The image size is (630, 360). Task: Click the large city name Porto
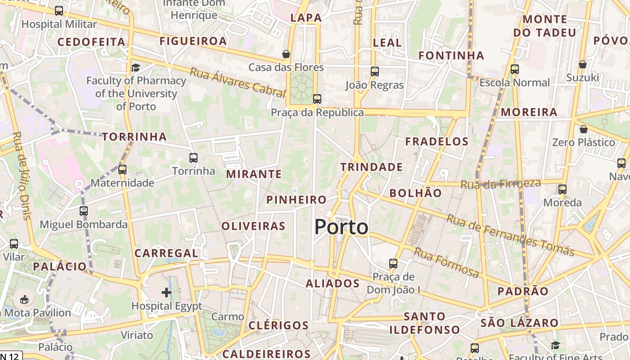(341, 227)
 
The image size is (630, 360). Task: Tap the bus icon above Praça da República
(317, 99)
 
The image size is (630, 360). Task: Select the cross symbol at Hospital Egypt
(166, 292)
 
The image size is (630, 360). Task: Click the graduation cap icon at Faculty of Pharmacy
(135, 68)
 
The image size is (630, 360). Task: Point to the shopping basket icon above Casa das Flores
(286, 54)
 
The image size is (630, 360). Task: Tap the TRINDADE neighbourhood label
(371, 167)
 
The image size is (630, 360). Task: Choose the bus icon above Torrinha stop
(193, 157)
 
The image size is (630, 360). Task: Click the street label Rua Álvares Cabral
(238, 82)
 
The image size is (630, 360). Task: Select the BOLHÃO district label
(415, 193)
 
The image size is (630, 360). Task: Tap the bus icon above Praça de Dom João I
(393, 263)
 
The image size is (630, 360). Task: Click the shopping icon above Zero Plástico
(584, 129)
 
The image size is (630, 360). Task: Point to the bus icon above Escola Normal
(515, 69)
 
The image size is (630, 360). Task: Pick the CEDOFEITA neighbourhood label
(91, 42)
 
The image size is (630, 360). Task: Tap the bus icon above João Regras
(375, 71)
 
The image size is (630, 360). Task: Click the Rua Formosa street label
(446, 262)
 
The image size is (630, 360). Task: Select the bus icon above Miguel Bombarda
(84, 211)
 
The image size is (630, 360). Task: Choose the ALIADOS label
(333, 283)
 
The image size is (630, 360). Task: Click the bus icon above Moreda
(562, 189)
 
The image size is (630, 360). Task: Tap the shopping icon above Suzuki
(583, 64)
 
